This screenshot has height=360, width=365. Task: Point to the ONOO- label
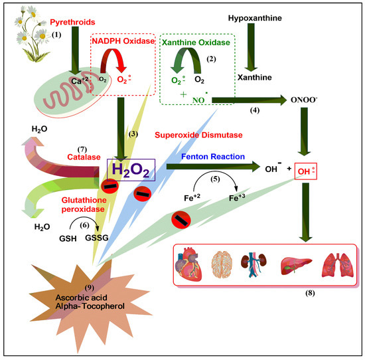(x=305, y=99)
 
